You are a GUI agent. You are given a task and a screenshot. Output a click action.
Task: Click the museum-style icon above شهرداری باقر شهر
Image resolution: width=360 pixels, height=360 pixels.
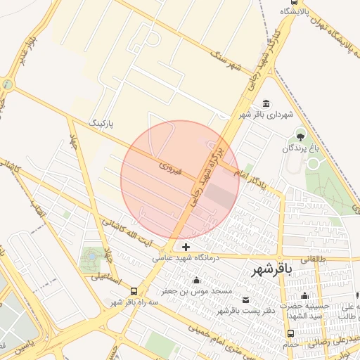pyautogui.click(x=266, y=103)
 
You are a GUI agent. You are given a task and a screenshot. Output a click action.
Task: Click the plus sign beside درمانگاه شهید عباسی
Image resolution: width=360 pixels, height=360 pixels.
pyautogui.click(x=186, y=247)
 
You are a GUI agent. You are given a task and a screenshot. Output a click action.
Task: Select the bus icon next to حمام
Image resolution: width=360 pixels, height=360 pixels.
pyautogui.click(x=290, y=333)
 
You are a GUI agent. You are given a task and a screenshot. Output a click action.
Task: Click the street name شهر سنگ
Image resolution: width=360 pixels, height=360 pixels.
pyautogui.click(x=229, y=60)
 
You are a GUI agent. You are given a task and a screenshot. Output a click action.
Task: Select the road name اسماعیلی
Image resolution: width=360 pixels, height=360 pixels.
pyautogui.click(x=105, y=282)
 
